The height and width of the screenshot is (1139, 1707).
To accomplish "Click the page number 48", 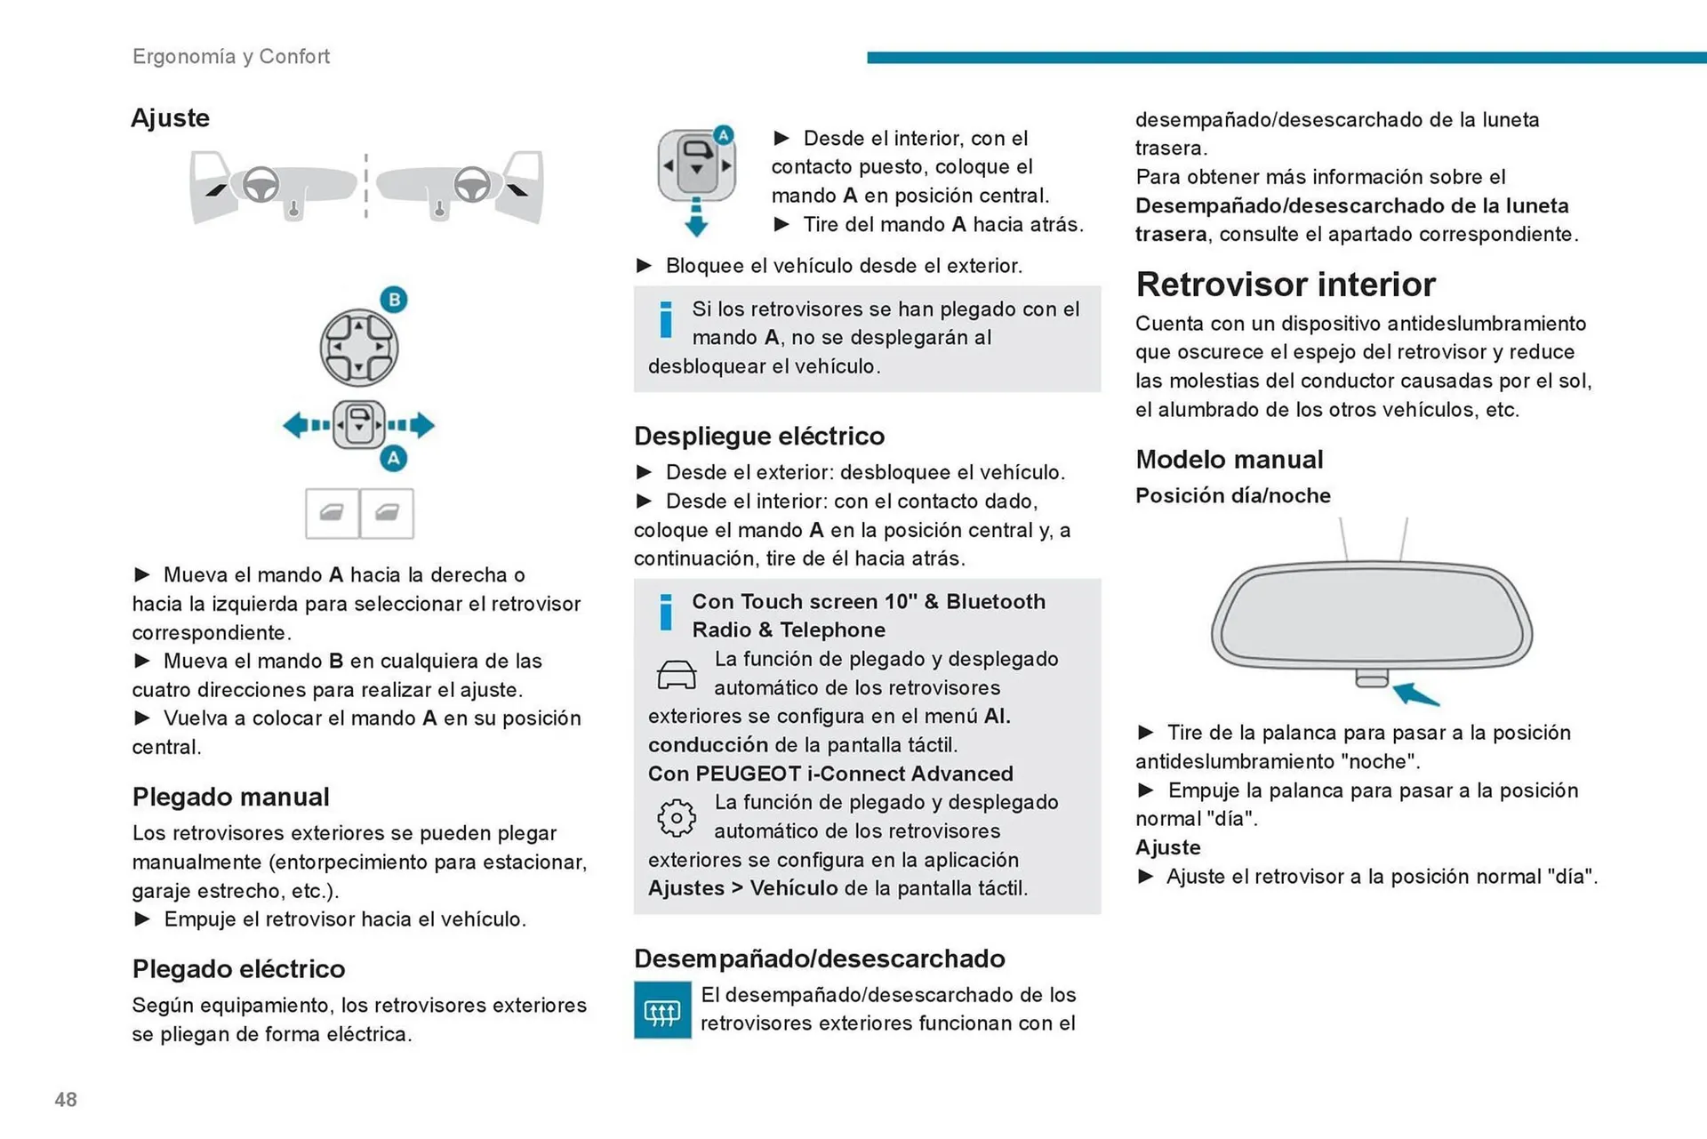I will point(66,1100).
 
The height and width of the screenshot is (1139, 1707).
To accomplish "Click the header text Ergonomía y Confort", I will point(231,56).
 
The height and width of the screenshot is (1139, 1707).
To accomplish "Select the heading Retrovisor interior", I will point(1285,285).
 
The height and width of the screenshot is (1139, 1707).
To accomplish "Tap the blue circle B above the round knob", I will point(394,300).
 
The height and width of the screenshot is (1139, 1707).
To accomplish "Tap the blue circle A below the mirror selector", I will point(394,459).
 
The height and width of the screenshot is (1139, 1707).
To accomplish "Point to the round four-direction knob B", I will point(358,348).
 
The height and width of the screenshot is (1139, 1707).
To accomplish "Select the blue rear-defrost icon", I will point(662,1010).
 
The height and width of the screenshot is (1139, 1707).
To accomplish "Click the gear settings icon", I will point(677,818).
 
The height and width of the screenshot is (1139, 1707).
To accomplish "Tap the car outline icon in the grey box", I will point(677,675).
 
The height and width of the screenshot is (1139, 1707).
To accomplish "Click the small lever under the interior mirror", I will point(1372,679).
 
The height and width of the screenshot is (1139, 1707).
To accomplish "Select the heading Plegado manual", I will point(231,797).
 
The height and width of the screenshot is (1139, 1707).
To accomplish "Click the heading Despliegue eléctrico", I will point(759,436).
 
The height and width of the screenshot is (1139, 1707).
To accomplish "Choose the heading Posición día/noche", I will point(1233,495).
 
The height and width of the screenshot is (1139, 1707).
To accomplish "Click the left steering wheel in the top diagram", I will point(260,185).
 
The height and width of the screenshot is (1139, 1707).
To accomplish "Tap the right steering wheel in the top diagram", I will point(471,185).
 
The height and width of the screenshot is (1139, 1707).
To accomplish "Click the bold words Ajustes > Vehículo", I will point(743,888).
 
